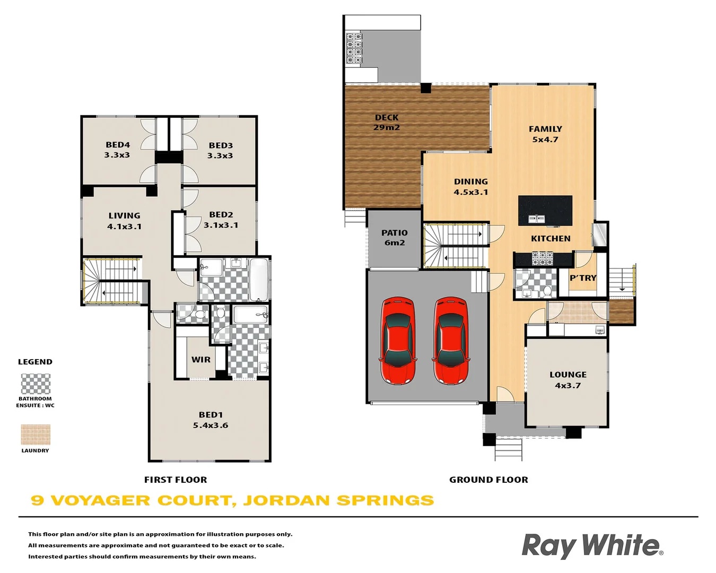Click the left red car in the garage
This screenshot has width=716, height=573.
point(398,341)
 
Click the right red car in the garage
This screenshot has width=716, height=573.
point(451,341)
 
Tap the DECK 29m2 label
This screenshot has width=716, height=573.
point(387,123)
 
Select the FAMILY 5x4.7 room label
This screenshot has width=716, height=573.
point(545,134)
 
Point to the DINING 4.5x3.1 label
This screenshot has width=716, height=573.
point(470,187)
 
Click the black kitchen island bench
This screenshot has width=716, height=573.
point(545,210)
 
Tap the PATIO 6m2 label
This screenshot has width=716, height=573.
point(395,238)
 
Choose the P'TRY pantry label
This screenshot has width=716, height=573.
point(583,278)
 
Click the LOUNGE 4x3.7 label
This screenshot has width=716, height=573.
point(567,380)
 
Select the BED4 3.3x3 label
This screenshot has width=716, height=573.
point(117,150)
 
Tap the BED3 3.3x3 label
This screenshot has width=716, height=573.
point(220,150)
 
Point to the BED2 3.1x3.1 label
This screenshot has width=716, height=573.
point(221,220)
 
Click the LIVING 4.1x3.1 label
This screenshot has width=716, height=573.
point(125,221)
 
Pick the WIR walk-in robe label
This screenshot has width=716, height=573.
point(201,360)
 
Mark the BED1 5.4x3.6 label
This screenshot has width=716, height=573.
point(211,420)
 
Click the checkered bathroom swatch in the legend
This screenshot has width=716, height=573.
point(36,384)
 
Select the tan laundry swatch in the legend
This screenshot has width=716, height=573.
point(36,435)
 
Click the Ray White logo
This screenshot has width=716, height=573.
point(592,546)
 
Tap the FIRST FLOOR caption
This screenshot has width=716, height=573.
point(176,480)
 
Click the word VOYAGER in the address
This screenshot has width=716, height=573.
point(100,500)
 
